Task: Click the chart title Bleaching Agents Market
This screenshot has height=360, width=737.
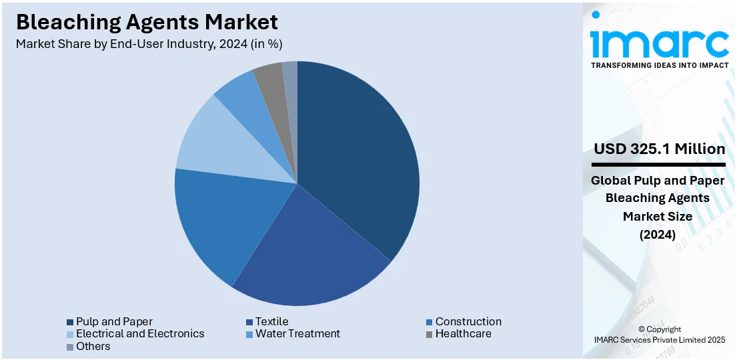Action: (x=147, y=22)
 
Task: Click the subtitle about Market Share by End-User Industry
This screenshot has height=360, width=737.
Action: (x=149, y=44)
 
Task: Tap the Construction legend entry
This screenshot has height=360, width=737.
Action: (x=468, y=321)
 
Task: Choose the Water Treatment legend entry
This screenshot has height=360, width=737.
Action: (x=297, y=333)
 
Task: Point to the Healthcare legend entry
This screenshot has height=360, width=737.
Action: (x=462, y=333)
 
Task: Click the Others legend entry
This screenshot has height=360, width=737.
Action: (x=93, y=346)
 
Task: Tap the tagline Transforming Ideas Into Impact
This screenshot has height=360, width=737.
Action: (x=659, y=65)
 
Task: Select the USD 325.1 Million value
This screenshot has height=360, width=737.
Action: (x=659, y=149)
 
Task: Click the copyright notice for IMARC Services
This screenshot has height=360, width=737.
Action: (x=659, y=335)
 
